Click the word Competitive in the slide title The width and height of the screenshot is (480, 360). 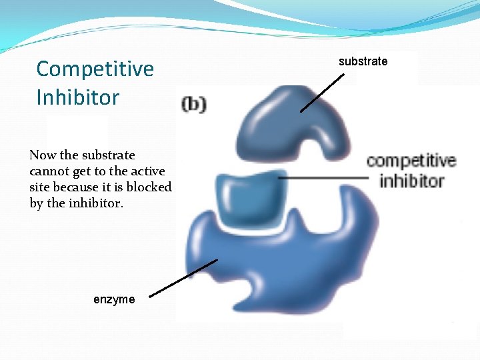tap(95, 69)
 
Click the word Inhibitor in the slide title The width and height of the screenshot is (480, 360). tap(78, 97)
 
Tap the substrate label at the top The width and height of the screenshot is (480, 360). tap(363, 61)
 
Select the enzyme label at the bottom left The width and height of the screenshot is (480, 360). tap(114, 299)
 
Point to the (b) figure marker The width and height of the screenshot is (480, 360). tap(194, 105)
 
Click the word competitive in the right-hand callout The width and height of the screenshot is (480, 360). tap(411, 161)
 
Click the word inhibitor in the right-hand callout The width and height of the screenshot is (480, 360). tap(412, 181)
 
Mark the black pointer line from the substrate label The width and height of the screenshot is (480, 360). tap(323, 92)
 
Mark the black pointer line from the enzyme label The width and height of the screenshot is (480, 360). tap(183, 278)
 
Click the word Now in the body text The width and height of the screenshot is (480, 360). tap(43, 155)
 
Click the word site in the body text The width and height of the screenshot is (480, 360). tap(41, 187)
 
